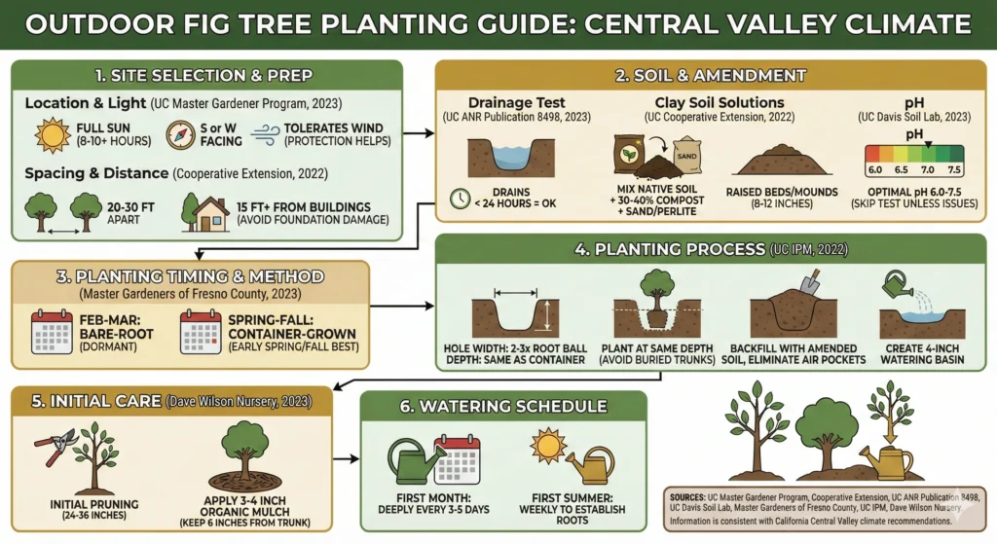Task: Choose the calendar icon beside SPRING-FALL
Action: point(201,331)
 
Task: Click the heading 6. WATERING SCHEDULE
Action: point(502,406)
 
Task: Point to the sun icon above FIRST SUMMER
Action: point(548,445)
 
